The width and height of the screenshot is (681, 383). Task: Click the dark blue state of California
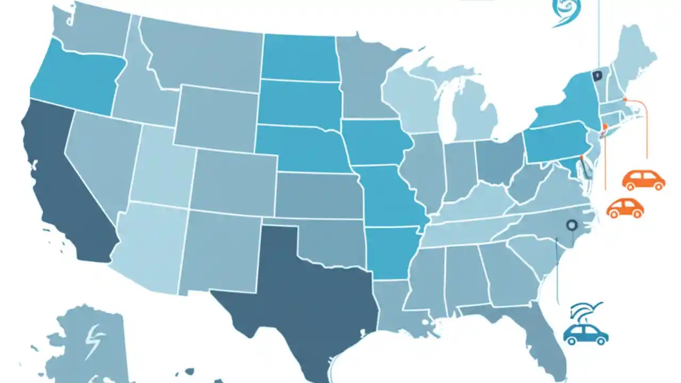(59, 181)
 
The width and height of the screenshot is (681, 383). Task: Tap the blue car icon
(585, 334)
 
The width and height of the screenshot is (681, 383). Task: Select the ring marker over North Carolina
(572, 225)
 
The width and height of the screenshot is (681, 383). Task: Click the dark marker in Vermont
(599, 76)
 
